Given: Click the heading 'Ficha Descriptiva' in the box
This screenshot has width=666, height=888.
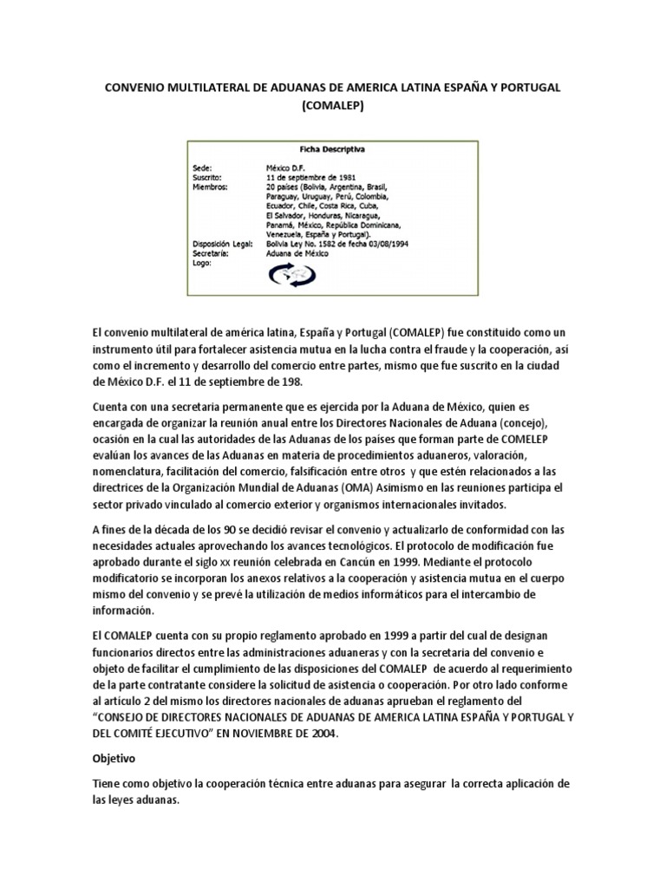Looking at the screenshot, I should pos(332,149).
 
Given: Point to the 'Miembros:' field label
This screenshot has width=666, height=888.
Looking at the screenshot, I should pos(212,186).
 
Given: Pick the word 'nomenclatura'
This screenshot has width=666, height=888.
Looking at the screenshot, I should pos(132,471).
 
